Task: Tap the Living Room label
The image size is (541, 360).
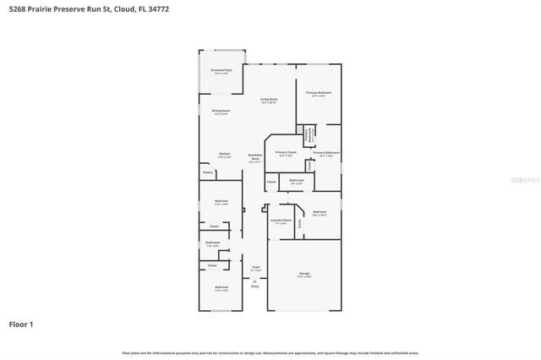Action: pos(269,100)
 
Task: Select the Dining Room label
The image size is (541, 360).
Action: pos(221,111)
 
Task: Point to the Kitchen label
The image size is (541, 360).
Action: pos(225,155)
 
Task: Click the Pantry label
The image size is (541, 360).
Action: pos(208,172)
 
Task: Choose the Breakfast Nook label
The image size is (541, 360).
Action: pos(254,157)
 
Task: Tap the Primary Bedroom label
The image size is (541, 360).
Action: pos(318,93)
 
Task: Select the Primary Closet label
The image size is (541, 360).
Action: pos(285,153)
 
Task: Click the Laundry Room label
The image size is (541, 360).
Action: pos(281,221)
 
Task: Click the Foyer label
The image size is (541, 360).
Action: pos(255,267)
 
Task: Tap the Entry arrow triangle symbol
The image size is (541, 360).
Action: pos(254,280)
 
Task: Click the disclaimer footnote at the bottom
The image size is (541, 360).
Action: pos(270,352)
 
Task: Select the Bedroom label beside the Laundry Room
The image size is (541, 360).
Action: pos(319,212)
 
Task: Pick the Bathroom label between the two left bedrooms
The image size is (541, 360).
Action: pos(212,243)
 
